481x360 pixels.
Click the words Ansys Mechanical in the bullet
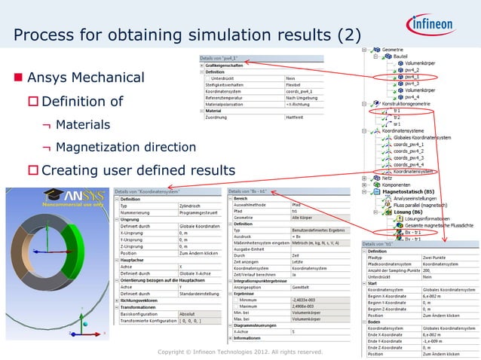click(85, 78)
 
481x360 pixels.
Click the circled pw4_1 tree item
click(412, 76)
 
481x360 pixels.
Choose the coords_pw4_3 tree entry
click(414, 157)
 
